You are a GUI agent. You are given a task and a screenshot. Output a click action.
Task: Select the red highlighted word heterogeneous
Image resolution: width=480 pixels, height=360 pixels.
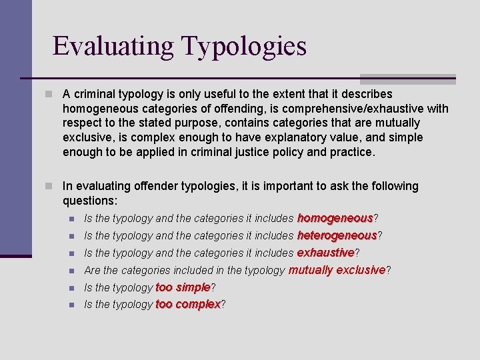337,235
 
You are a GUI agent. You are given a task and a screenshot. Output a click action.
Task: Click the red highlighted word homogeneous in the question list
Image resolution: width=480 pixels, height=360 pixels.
335,218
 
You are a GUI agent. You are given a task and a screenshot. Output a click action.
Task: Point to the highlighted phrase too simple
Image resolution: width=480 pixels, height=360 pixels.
183,287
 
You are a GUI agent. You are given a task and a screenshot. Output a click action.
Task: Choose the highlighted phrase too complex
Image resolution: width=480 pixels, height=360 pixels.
187,304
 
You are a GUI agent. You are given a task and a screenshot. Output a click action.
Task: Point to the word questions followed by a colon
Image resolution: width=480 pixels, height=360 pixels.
89,201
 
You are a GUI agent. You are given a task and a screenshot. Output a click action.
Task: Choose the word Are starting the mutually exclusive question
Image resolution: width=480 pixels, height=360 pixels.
93,270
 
